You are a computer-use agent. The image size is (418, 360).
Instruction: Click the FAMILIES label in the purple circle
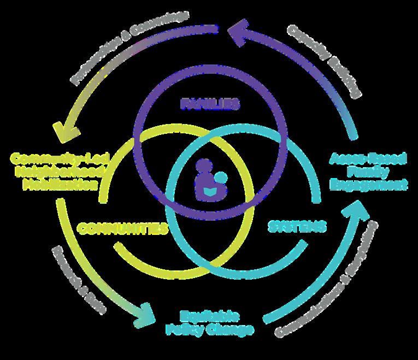(x=210, y=103)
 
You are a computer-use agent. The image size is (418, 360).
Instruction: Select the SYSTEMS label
(x=298, y=226)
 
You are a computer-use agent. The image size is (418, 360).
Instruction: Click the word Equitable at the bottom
(x=210, y=316)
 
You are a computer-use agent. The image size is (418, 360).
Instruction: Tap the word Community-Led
(x=61, y=158)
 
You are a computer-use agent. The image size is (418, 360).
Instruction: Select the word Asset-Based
(x=369, y=158)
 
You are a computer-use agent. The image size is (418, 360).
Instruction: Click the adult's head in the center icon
(x=205, y=165)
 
